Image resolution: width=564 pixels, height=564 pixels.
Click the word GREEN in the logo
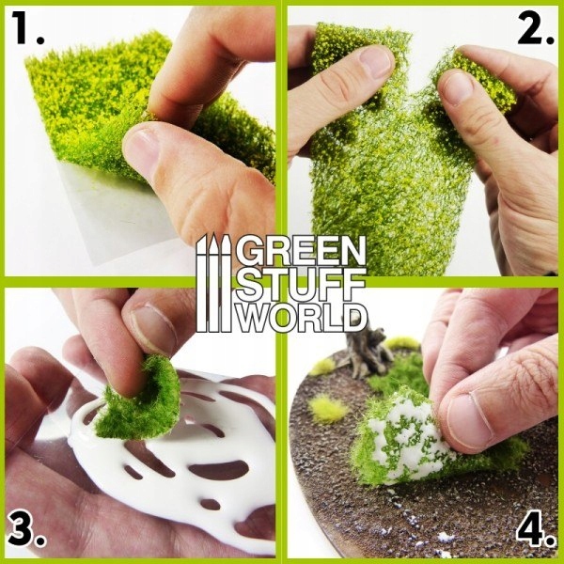(x=300, y=253)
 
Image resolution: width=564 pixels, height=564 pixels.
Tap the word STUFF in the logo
(x=300, y=285)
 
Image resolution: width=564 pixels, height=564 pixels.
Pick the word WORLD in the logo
(x=300, y=317)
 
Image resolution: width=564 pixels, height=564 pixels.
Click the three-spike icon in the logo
(x=213, y=282)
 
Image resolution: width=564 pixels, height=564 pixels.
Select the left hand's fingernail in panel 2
(x=376, y=62)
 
